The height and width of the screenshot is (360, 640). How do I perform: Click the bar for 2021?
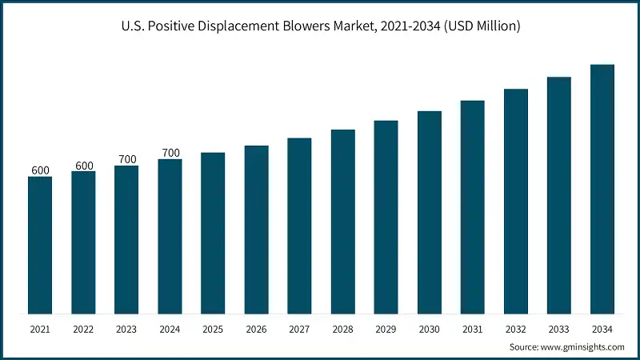click(40, 245)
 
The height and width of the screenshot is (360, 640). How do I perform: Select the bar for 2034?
click(602, 189)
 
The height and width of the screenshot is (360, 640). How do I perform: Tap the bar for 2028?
click(342, 222)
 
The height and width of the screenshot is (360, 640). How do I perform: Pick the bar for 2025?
click(213, 233)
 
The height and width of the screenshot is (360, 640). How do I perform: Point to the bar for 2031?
click(473, 207)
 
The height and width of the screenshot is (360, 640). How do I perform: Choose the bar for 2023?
click(126, 239)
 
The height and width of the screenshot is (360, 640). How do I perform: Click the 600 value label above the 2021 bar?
click(40, 170)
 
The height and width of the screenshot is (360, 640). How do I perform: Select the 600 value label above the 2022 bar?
click(83, 166)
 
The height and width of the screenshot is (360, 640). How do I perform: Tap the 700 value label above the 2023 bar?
click(126, 159)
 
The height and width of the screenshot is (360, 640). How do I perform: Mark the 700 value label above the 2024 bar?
click(170, 153)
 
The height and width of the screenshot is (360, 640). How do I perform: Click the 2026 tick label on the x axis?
click(256, 329)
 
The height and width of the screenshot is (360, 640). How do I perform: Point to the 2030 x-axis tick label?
click(430, 329)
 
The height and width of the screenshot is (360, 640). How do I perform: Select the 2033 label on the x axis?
click(559, 329)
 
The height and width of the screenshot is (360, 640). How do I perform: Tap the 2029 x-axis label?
click(386, 329)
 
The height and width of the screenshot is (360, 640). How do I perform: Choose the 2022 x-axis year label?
click(83, 329)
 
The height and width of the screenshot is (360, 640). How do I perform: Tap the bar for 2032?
click(516, 201)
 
